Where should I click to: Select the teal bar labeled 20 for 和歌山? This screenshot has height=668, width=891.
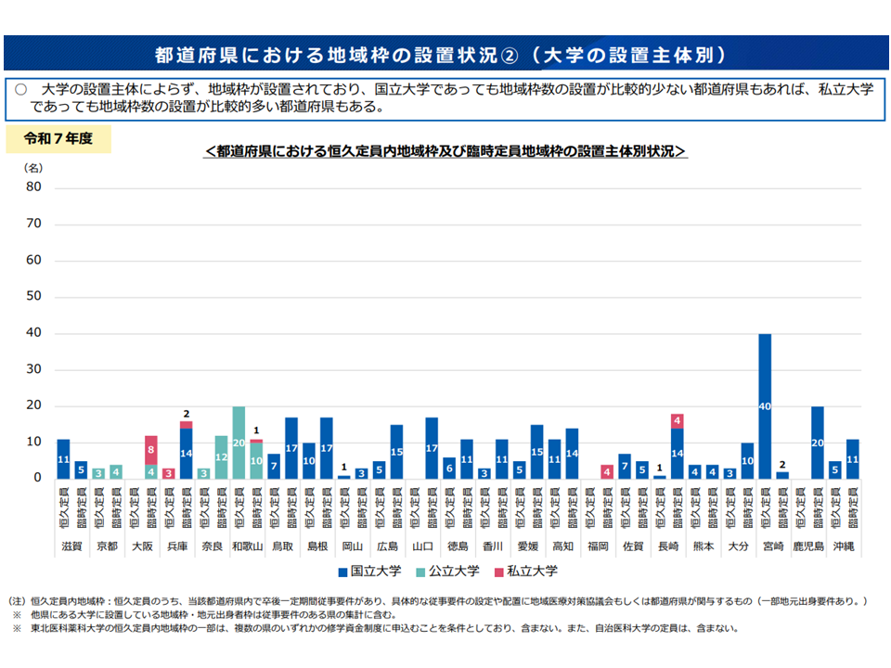[239, 443]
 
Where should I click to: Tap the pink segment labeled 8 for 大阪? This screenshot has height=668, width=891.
[151, 450]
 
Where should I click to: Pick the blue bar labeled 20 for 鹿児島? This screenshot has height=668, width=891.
[817, 443]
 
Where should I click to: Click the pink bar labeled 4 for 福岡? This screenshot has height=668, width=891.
[607, 471]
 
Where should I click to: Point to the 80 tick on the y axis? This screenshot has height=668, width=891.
[34, 186]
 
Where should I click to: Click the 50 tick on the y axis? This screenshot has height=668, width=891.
[34, 296]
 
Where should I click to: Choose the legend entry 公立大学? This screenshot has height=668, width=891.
[452, 571]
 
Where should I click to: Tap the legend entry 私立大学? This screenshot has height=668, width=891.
[530, 571]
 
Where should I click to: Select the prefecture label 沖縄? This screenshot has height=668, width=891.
[843, 546]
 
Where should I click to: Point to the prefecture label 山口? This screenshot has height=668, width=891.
[422, 546]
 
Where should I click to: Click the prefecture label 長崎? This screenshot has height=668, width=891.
[668, 546]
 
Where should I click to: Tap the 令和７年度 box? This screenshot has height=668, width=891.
[58, 140]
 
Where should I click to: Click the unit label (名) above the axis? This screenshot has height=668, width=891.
[32, 168]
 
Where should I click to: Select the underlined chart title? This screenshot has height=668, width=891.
[445, 150]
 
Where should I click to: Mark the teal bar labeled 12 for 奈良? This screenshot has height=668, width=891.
[221, 456]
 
